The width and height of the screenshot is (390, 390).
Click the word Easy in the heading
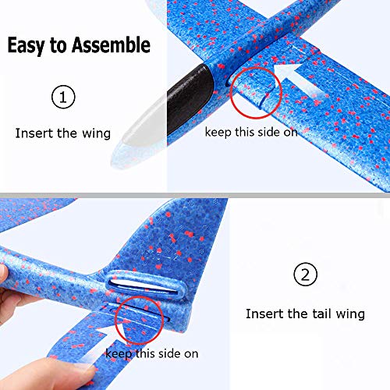[26, 45]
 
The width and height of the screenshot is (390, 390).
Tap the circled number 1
[64, 98]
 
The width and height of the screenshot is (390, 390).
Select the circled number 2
[305, 275]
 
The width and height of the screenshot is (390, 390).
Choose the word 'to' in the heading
[58, 45]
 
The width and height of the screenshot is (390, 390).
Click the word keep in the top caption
[218, 132]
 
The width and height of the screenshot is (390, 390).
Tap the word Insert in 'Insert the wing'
[33, 133]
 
